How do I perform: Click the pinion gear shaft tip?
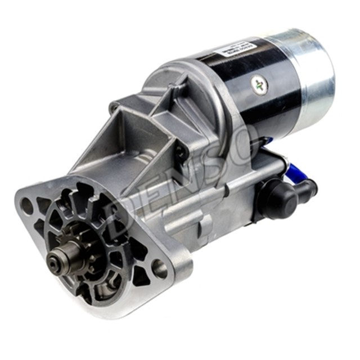pos(55,259)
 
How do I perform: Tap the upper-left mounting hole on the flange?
pos(26,206)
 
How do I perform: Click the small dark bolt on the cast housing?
pos(179,148)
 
